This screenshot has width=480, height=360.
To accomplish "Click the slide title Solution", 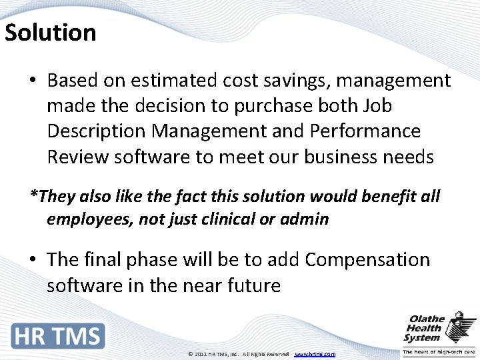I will point(51,32).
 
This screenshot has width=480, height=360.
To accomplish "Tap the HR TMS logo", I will point(59,336).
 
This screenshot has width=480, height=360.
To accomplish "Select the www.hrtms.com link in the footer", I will point(315,354).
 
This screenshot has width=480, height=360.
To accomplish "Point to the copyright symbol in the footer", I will point(190,354).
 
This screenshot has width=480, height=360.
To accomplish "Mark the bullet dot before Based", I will point(33,81).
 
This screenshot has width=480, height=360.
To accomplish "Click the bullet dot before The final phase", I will point(33,260).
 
